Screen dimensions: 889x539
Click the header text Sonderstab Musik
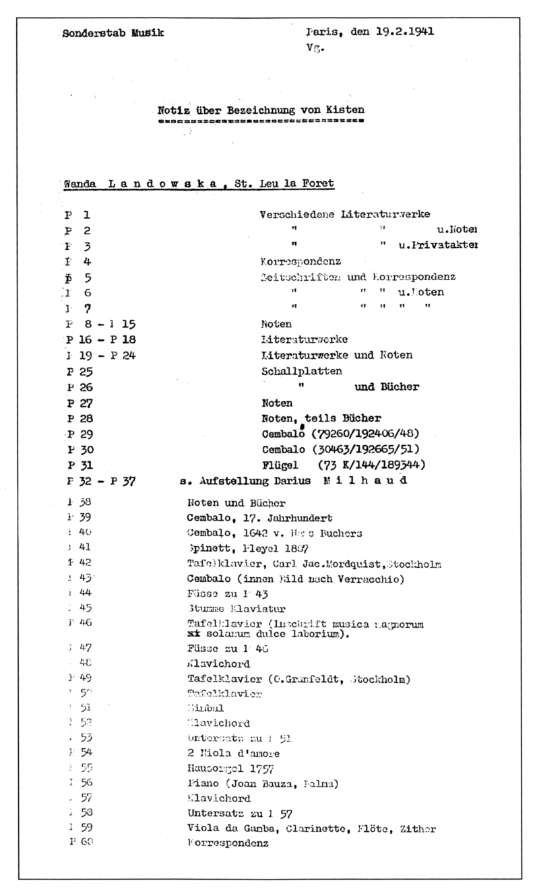click(x=113, y=32)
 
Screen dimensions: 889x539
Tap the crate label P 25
click(x=80, y=372)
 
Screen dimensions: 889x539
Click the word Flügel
click(x=278, y=465)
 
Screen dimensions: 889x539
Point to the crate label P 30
click(x=80, y=449)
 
